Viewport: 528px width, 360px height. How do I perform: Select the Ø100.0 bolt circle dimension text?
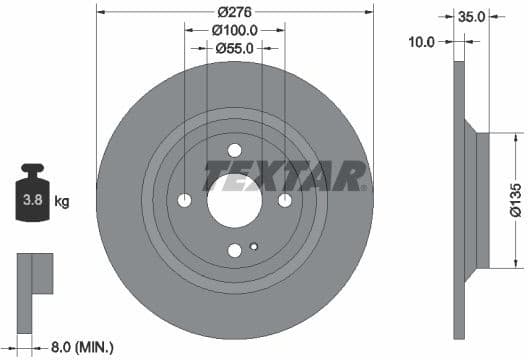click(235, 31)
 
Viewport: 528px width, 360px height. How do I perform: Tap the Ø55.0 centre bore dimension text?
click(235, 47)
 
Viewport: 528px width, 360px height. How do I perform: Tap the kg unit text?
click(62, 202)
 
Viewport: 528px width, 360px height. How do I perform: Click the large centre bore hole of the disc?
click(234, 201)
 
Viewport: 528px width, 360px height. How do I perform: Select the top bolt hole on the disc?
click(234, 151)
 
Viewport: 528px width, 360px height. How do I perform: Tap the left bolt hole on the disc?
click(184, 201)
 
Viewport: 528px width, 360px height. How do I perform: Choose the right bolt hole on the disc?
click(285, 201)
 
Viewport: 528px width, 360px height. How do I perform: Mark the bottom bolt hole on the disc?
click(234, 251)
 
